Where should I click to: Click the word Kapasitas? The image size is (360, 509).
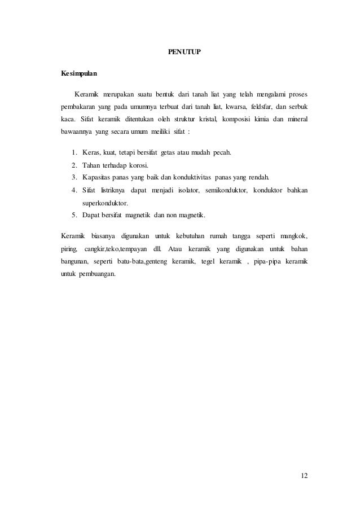(x=98, y=178)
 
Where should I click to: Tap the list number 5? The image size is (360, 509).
(x=74, y=215)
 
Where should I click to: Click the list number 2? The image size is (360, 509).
(x=74, y=165)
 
